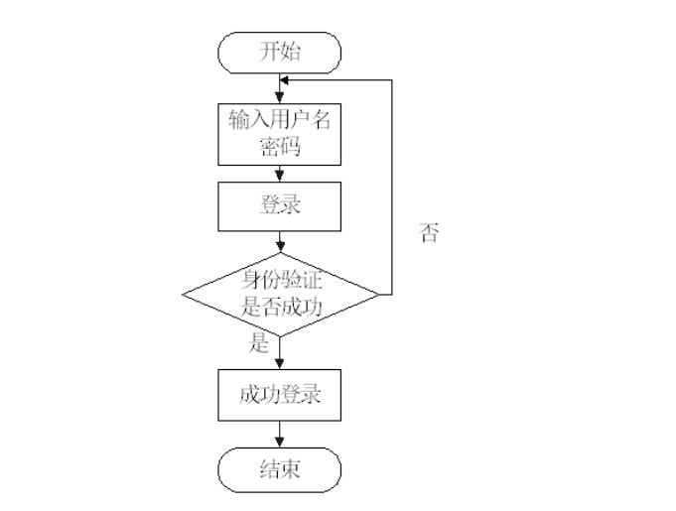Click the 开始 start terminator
pos(279,53)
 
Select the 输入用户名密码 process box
pos(279,133)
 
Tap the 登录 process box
pos(279,206)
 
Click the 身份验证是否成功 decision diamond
pos(281,294)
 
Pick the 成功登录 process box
pos(279,395)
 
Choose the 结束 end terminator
pos(279,469)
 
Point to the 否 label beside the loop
pos(429,234)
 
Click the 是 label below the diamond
pos(259,345)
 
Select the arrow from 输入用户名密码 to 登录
pos(280,174)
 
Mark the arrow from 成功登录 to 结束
pos(280,434)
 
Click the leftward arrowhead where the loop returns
pos(286,80)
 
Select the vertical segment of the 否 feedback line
pos(392,189)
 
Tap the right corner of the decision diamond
pos(377,294)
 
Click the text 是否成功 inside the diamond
pos(281,308)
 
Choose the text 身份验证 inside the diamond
pos(281,280)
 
